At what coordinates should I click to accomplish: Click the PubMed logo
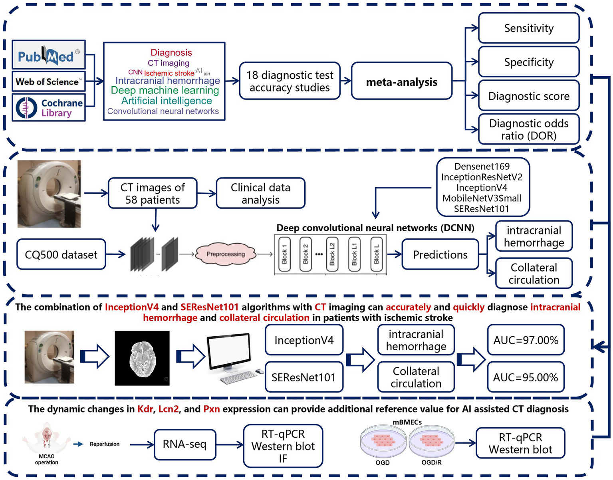tap(48, 55)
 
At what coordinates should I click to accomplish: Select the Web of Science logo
tap(48, 82)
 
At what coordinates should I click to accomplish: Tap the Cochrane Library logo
tap(48, 107)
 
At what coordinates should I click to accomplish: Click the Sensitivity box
tap(528, 28)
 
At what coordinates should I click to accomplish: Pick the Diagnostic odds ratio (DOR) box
tap(528, 129)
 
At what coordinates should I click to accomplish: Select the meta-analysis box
tap(401, 82)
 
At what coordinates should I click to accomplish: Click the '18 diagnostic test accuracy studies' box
tap(290, 81)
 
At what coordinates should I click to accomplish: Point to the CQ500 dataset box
tap(61, 254)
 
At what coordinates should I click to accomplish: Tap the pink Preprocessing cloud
tap(226, 254)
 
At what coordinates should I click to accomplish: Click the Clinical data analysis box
tap(260, 193)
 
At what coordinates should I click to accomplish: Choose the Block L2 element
tap(332, 254)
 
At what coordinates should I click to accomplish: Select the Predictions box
tap(440, 254)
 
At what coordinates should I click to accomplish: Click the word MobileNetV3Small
tap(482, 198)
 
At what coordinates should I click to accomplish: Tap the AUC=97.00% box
tap(526, 340)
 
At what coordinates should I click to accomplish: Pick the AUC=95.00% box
tap(526, 377)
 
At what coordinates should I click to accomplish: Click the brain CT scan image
tap(142, 358)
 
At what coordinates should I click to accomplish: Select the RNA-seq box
tap(185, 444)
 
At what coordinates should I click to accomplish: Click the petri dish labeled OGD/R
tap(431, 440)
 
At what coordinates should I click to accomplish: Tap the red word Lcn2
tap(168, 409)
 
